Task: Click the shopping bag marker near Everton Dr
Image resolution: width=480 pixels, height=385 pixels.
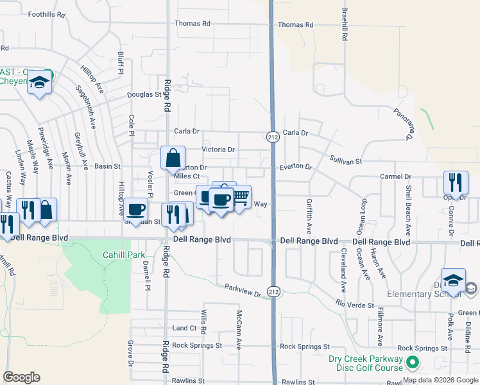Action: click(173, 158)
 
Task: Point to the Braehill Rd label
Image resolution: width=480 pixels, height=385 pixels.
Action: click(345, 25)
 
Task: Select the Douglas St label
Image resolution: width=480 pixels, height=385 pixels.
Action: click(144, 94)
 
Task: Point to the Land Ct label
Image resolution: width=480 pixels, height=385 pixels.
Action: click(184, 328)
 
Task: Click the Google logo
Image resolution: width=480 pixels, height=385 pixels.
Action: click(21, 377)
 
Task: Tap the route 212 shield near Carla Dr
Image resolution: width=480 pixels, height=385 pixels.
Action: click(272, 136)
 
